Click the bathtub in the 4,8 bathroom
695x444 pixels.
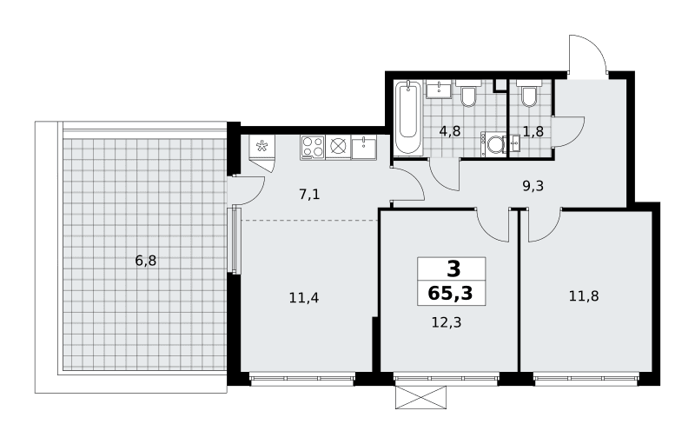click(408, 117)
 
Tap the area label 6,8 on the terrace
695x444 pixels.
click(146, 261)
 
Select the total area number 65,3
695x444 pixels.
click(451, 293)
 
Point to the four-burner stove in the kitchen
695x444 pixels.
click(313, 147)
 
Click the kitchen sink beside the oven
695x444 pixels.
click(364, 148)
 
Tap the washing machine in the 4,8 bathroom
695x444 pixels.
click(493, 144)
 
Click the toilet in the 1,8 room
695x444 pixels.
click(529, 94)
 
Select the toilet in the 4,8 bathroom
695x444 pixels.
click(468, 94)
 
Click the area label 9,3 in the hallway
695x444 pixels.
click(533, 186)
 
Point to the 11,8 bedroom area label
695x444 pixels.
click(584, 295)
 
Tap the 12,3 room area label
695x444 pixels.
click(447, 322)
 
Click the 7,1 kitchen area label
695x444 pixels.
click(309, 194)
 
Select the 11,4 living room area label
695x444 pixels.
click(303, 298)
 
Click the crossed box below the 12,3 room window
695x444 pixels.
click(420, 397)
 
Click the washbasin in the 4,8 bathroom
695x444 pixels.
click(439, 89)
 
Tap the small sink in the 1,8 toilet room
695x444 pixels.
click(515, 144)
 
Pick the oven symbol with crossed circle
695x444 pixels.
click(338, 147)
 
